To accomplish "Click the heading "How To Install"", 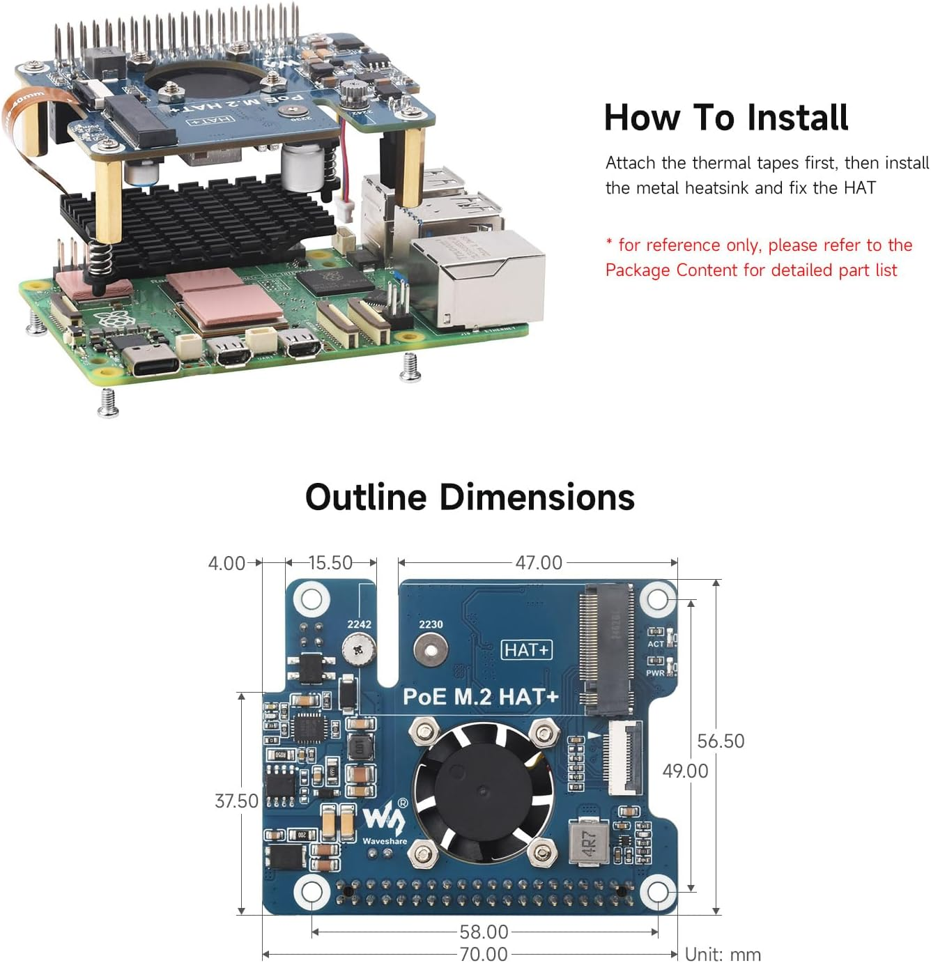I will pos(725,117).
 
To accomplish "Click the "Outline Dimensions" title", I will pos(470,498).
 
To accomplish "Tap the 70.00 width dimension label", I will pos(483,953).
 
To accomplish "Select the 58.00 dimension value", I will pos(483,932).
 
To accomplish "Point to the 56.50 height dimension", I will pos(721,741).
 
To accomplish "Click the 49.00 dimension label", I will pos(684,771).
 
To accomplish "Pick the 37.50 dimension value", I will pos(236,801).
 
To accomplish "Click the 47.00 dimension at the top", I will pos(538,562).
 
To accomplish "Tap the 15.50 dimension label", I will pos(330,562).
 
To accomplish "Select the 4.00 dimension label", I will pos(226,563).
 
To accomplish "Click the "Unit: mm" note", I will pos(723,954).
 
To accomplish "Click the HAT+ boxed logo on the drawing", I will pos(526,650).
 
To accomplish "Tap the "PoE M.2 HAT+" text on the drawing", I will pos(480,696).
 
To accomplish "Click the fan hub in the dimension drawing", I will pos(482,789).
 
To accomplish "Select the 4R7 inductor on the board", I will pos(588,842).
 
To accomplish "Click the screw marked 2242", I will pos(359,649).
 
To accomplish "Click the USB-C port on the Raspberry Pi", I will pos(151,359).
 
